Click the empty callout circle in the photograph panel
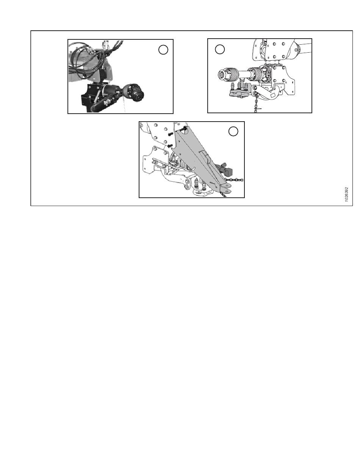(x=163, y=50)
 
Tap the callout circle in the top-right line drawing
(x=219, y=49)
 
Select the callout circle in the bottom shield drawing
(x=233, y=131)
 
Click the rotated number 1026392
(x=347, y=195)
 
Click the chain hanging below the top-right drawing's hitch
(x=257, y=104)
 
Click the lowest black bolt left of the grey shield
(x=169, y=146)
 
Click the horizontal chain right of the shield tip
(x=236, y=180)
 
